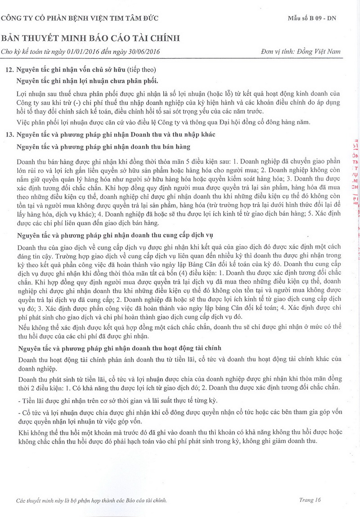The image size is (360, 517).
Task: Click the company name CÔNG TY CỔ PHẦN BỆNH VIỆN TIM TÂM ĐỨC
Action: point(80,18)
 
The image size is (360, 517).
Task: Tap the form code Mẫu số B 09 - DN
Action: point(312,18)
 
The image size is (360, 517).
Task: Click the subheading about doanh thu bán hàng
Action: point(103,146)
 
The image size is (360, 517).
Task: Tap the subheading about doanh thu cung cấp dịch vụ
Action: point(114,236)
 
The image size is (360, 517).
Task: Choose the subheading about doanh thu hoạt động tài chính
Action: point(119,349)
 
